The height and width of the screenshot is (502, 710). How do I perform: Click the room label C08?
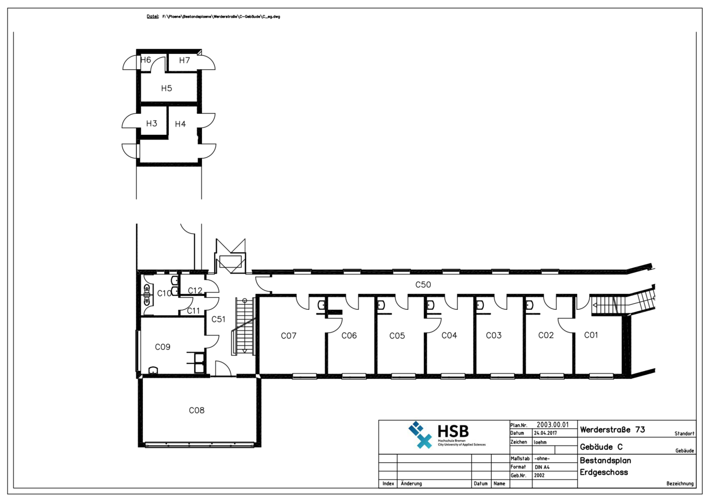[x=196, y=410]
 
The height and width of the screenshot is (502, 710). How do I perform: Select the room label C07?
[x=288, y=336]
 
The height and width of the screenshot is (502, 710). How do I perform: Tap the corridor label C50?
[x=423, y=285]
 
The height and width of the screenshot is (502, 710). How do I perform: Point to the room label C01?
[x=590, y=335]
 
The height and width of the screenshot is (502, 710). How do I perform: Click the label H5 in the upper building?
[x=166, y=88]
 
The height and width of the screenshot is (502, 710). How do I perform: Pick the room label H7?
[x=184, y=61]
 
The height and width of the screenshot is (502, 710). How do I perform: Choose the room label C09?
[x=162, y=347]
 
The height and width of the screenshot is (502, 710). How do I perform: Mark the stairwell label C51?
[x=218, y=319]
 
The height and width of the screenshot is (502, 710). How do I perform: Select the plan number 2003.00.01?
[x=552, y=425]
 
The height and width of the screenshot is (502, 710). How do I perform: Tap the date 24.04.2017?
[x=545, y=433]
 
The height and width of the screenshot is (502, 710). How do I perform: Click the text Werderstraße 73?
[x=612, y=430]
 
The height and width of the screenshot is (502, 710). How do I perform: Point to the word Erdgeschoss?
[x=604, y=473]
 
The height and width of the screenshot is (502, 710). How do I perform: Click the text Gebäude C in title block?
[x=601, y=447]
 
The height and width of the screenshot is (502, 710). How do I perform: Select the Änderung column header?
[x=411, y=484]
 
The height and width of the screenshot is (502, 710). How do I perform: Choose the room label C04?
[x=449, y=336]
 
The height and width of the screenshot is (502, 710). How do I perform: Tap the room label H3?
[x=152, y=124]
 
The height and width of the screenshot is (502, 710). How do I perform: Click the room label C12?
[x=195, y=291]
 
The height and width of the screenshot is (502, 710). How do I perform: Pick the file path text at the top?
[x=220, y=17]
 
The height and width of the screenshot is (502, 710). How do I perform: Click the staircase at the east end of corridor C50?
[x=623, y=304]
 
